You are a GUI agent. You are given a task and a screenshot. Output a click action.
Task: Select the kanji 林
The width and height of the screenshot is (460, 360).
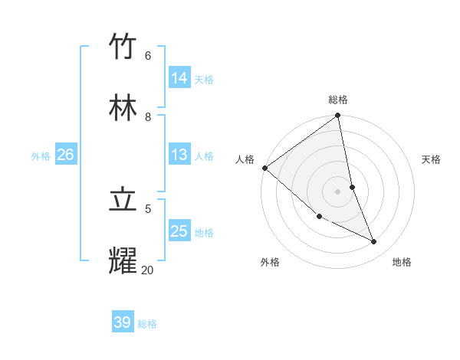[123, 108]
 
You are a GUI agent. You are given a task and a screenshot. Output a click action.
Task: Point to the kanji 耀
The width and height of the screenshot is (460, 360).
[123, 261]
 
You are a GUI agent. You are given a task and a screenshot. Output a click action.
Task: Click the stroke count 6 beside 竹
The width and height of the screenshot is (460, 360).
[148, 55]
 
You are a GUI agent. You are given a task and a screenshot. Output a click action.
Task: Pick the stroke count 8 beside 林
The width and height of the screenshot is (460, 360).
[148, 116]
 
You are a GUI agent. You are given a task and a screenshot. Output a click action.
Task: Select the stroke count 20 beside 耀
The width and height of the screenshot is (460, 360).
[147, 270]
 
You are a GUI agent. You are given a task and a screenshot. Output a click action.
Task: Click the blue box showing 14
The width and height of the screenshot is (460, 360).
[179, 78]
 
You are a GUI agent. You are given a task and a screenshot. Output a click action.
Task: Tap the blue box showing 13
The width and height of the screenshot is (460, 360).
[179, 155]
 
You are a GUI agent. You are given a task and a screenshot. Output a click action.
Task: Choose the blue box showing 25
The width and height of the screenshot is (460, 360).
[179, 231]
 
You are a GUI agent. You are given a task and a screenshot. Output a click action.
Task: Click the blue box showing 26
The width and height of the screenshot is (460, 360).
[65, 155]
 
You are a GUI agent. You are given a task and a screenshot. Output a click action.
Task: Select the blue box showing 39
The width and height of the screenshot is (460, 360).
[123, 322]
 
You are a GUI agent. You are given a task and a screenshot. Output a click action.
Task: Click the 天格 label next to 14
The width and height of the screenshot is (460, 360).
[204, 79]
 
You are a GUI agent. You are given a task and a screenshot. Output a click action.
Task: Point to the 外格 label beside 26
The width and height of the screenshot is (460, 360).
[41, 155]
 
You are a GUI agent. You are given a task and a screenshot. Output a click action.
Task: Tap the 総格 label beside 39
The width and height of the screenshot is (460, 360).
[147, 324]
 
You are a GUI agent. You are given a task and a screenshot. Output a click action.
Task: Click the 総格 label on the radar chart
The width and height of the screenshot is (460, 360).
[338, 100]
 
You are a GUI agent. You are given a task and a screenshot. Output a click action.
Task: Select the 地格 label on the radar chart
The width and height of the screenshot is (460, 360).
[402, 262]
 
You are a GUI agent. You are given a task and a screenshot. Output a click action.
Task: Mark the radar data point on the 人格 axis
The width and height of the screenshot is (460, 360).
[264, 168]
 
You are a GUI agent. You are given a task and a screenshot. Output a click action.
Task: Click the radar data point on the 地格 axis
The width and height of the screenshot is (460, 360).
[374, 242]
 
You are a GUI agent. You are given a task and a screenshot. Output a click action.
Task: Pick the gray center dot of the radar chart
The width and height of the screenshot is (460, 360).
[338, 191]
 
